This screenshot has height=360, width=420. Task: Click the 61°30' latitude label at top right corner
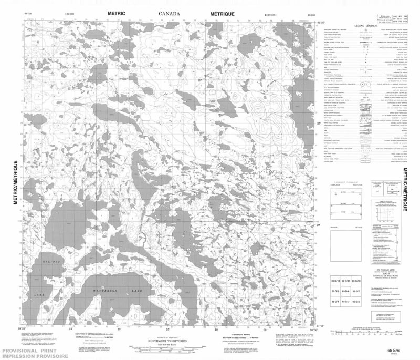(313, 22)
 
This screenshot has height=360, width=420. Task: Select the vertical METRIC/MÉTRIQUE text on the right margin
(405, 189)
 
